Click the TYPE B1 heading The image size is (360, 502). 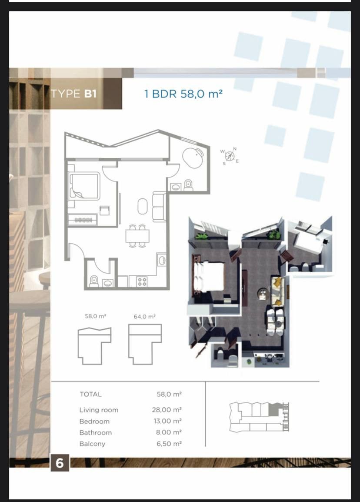pyautogui.click(x=73, y=94)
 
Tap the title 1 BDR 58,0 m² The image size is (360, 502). pyautogui.click(x=183, y=94)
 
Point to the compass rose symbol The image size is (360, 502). pyautogui.click(x=230, y=155)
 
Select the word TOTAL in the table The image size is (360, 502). pyautogui.click(x=90, y=394)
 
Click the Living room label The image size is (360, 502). pyautogui.click(x=99, y=410)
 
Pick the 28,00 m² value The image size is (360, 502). pyautogui.click(x=167, y=410)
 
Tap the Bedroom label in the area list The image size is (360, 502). pyautogui.click(x=94, y=421)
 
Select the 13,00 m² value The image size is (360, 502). pyautogui.click(x=167, y=421)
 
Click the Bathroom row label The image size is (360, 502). pyautogui.click(x=95, y=432)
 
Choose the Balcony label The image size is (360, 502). pyautogui.click(x=92, y=444)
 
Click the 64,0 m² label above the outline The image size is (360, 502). pyautogui.click(x=144, y=317)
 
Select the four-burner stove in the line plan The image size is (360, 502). pyautogui.click(x=142, y=281)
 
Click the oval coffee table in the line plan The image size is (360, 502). pyautogui.click(x=143, y=206)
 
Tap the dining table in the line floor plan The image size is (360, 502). pyautogui.click(x=137, y=236)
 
